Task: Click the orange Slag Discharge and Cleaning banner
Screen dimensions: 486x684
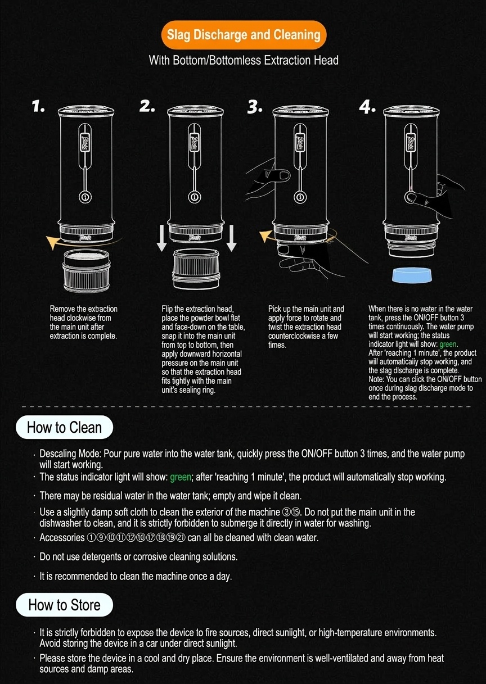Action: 244,35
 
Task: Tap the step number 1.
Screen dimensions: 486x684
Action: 38,106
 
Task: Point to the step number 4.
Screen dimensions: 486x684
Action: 367,107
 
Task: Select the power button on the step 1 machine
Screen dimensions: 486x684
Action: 85,197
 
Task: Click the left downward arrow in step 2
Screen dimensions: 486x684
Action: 161,238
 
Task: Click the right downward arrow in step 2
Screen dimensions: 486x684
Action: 231,238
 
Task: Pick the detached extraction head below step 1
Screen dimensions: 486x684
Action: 86,270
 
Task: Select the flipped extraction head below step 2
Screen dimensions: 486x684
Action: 196,269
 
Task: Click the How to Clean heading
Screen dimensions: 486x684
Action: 64,427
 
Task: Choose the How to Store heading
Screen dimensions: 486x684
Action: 64,605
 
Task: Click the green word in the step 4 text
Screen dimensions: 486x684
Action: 448,345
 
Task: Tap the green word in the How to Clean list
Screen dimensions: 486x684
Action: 181,477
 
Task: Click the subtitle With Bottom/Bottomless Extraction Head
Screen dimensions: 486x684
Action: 244,60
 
